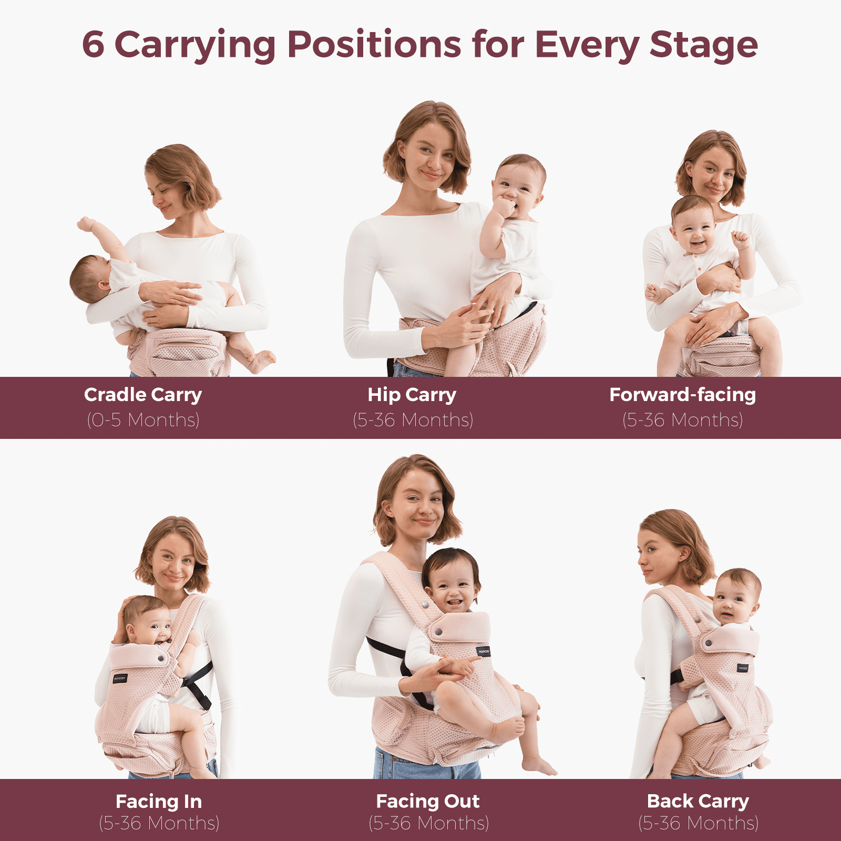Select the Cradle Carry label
(143, 395)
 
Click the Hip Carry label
(412, 395)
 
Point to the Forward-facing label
(682, 395)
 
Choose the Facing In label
(159, 802)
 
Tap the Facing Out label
(428, 801)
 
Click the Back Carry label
(698, 801)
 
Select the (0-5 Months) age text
(143, 420)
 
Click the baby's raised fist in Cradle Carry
(85, 224)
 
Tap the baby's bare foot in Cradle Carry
(263, 361)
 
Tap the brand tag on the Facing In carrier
(120, 678)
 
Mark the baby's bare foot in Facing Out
(539, 766)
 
